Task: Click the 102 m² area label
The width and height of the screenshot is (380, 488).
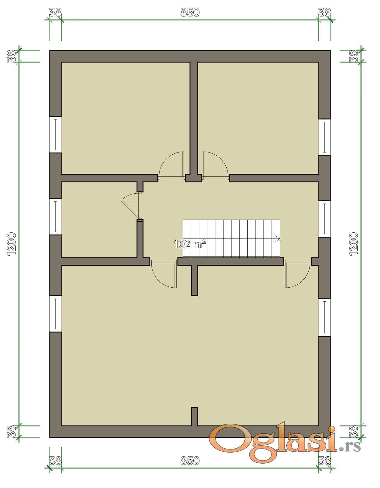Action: point(190,244)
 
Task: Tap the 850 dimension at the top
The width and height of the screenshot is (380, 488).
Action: point(190,13)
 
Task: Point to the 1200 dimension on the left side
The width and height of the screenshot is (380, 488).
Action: point(12,244)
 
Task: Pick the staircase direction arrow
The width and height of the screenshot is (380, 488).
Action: point(278,239)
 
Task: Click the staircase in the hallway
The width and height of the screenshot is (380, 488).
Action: point(231,238)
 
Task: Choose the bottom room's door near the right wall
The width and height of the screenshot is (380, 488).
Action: point(298,274)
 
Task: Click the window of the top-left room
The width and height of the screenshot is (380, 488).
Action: point(55,135)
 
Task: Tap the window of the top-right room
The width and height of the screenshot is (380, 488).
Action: point(324,137)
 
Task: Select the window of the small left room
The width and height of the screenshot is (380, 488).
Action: point(55,217)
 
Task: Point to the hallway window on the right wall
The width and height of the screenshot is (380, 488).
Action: point(324,219)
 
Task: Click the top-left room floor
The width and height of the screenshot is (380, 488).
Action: point(125,118)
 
